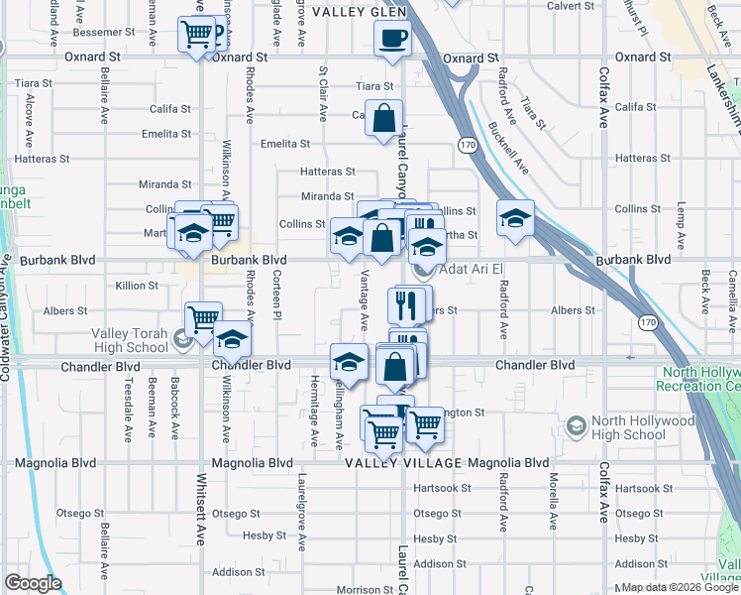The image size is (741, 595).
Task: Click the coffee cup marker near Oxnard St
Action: click(x=392, y=40)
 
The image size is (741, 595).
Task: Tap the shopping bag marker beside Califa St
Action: click(x=383, y=119)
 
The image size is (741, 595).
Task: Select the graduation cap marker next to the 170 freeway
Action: click(x=515, y=219)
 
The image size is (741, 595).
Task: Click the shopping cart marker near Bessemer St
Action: click(x=197, y=35)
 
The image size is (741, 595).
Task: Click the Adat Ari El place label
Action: click(x=471, y=269)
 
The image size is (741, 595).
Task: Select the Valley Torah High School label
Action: click(x=131, y=340)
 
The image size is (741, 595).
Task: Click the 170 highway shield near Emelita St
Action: click(x=466, y=146)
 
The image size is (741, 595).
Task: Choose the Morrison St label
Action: click(x=366, y=590)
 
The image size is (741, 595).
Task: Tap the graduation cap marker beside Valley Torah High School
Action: click(x=232, y=339)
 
